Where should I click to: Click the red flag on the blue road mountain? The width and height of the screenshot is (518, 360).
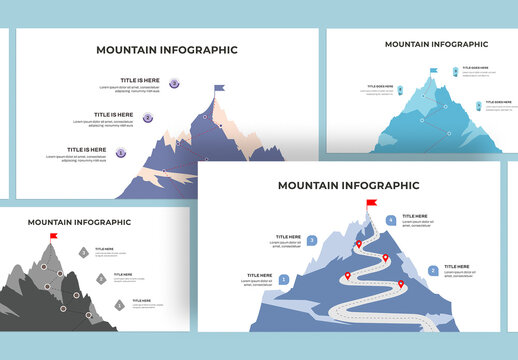tap(373, 204)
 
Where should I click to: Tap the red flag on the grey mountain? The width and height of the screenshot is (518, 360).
tap(54, 237)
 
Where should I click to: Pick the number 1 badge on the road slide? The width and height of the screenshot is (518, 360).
tap(284, 280)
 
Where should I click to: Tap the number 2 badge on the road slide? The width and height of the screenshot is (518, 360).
tap(433, 270)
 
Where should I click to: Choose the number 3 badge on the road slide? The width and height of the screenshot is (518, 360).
tap(312, 240)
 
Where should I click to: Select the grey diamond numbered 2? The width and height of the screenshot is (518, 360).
tap(101, 279)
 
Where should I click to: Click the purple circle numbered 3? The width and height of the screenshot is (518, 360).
tap(174, 84)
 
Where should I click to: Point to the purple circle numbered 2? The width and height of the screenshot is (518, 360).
tap(148, 118)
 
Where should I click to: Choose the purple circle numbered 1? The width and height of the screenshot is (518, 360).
tap(121, 153)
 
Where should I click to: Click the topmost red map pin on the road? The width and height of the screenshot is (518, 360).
tap(359, 243)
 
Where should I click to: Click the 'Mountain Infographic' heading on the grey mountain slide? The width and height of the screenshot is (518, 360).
tap(79, 222)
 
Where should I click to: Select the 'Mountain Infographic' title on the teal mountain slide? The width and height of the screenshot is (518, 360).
tap(436, 44)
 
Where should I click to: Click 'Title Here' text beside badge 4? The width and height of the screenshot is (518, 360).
tap(415, 216)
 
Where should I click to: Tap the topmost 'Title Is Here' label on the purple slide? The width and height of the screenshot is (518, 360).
tap(139, 80)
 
